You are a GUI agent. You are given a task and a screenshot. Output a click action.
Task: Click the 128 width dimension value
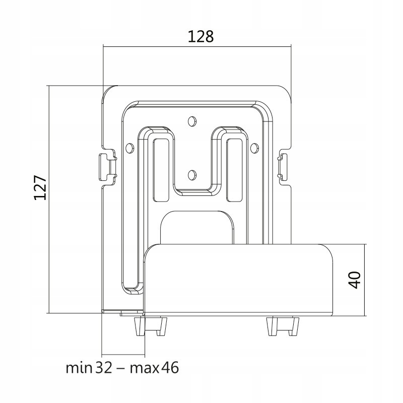pyautogui.click(x=200, y=36)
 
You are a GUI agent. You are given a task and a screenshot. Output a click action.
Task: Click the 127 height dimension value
pyautogui.click(x=40, y=188)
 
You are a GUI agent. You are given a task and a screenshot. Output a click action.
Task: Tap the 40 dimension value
pyautogui.click(x=355, y=280)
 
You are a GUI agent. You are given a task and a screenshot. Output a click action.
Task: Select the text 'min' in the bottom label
pyautogui.click(x=79, y=368)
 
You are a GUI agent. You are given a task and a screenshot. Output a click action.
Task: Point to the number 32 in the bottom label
pyautogui.click(x=104, y=368)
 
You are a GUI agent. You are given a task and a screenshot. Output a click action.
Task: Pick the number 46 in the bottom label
pyautogui.click(x=170, y=368)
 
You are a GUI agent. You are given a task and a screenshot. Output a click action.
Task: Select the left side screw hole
pyautogui.click(x=130, y=148)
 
